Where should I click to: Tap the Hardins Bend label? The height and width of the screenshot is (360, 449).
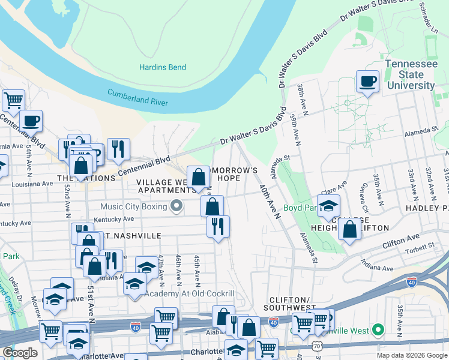point(163,67)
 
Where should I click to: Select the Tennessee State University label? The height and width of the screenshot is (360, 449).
point(410,74)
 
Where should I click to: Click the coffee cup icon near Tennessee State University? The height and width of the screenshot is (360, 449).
point(367,81)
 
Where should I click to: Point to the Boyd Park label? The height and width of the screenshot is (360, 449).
point(300,208)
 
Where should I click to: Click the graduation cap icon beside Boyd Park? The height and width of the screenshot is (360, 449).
point(328,206)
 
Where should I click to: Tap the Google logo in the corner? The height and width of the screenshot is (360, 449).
point(19,352)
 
